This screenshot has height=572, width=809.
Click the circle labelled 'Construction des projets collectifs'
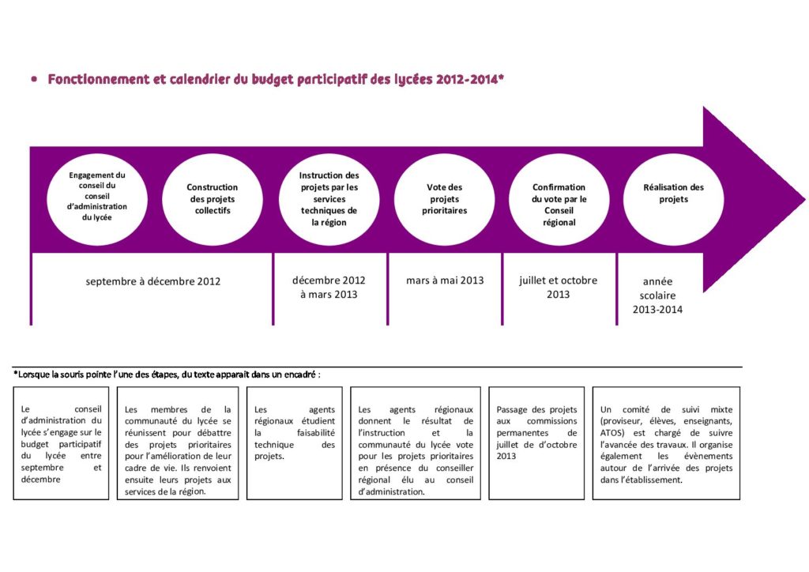(212, 199)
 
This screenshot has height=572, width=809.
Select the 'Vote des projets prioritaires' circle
(444, 199)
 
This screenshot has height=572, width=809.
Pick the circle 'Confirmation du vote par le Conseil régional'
(559, 199)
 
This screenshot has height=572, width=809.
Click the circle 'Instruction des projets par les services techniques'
(329, 199)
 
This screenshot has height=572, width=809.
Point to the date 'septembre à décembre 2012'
(153, 281)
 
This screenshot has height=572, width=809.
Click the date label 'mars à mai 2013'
(445, 280)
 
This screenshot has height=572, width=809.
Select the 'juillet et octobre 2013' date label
(558, 288)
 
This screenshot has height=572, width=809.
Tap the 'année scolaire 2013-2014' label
(657, 295)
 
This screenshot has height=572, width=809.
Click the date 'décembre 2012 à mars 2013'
(329, 288)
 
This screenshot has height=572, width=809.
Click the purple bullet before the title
(34, 80)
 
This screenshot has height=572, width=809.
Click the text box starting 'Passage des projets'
(536, 442)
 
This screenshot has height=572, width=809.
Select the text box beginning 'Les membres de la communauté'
(179, 442)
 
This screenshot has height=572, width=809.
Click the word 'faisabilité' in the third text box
(315, 433)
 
